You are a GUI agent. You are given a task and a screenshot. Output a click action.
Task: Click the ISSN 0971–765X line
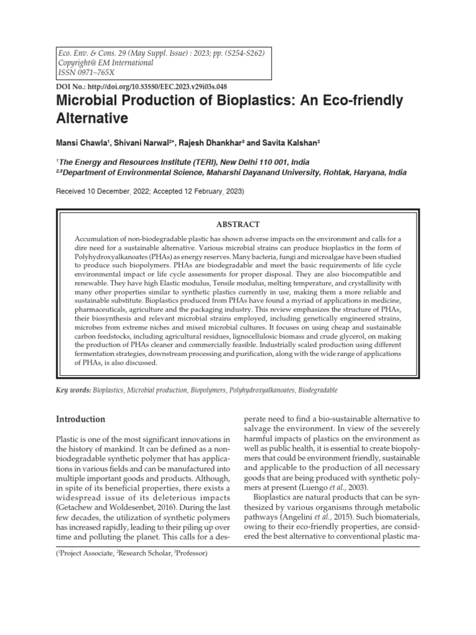click(81, 73)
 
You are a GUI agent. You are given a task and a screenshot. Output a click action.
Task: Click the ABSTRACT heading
click(238, 224)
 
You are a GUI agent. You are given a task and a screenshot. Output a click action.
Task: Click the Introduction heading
click(81, 419)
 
